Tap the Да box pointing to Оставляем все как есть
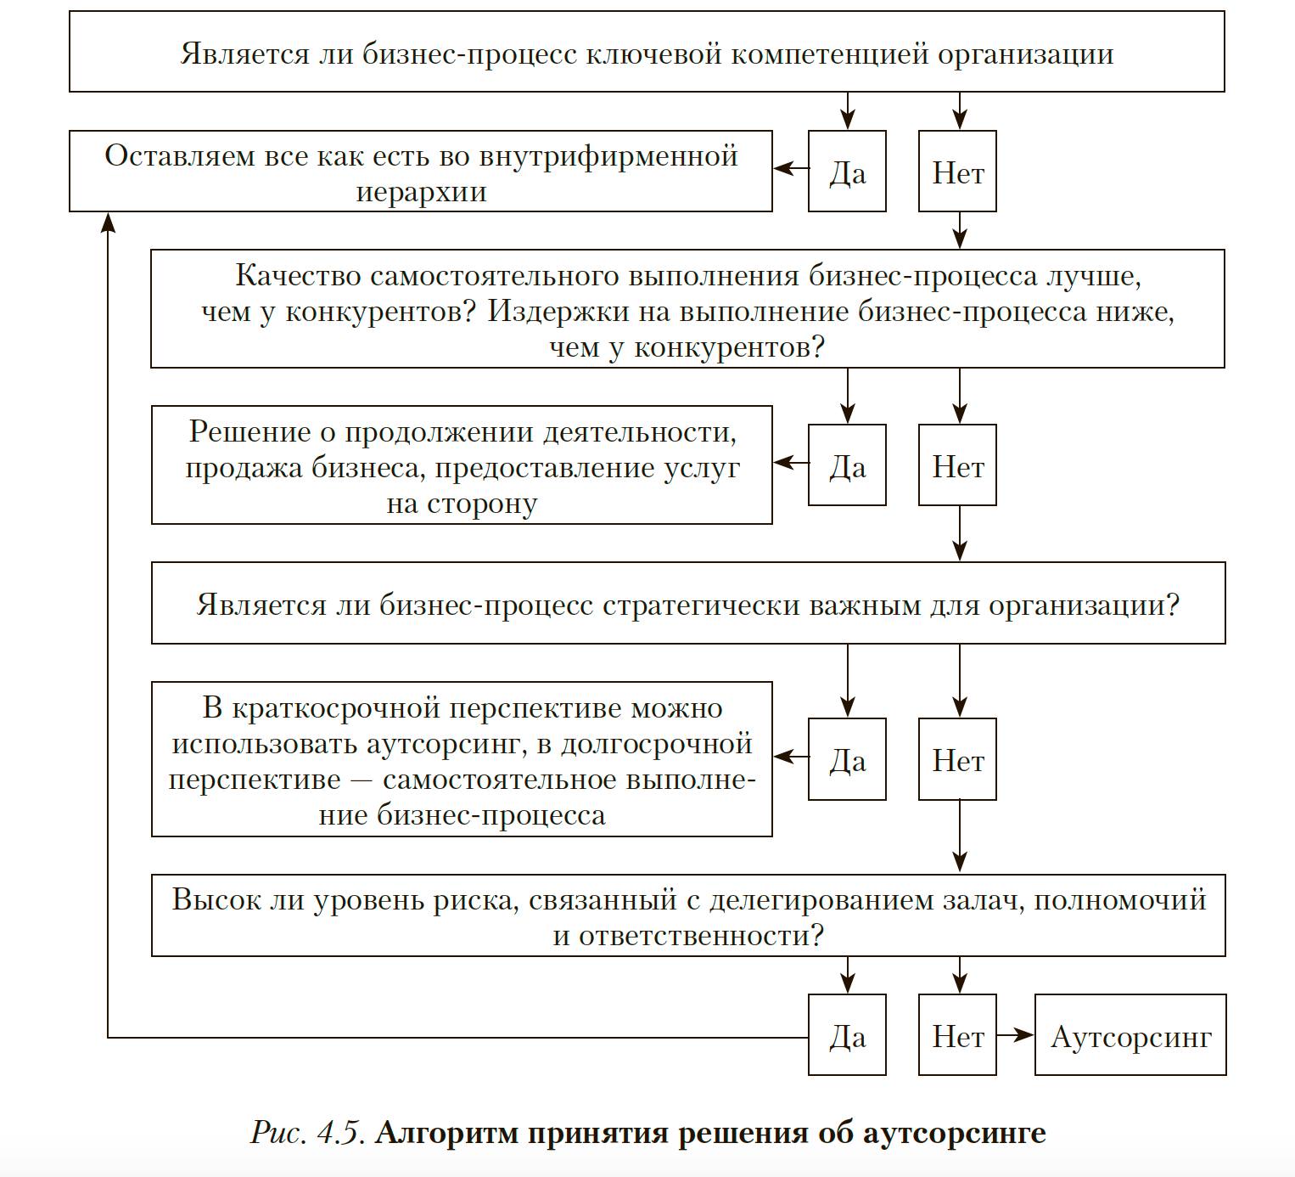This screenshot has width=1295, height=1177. point(847,172)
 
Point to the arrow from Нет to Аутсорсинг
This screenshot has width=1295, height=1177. point(1016,1035)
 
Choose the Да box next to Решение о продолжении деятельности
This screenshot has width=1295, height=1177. point(847,465)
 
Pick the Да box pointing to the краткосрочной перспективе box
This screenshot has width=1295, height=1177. point(847,759)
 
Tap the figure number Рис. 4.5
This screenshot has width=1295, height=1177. point(309,1133)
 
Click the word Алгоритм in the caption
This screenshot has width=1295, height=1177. point(446,1133)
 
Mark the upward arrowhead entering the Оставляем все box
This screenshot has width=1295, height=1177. point(108,222)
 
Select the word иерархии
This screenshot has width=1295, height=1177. point(421,193)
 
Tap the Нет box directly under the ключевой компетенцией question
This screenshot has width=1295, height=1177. point(957,172)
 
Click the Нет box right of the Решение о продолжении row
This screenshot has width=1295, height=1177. point(957,465)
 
